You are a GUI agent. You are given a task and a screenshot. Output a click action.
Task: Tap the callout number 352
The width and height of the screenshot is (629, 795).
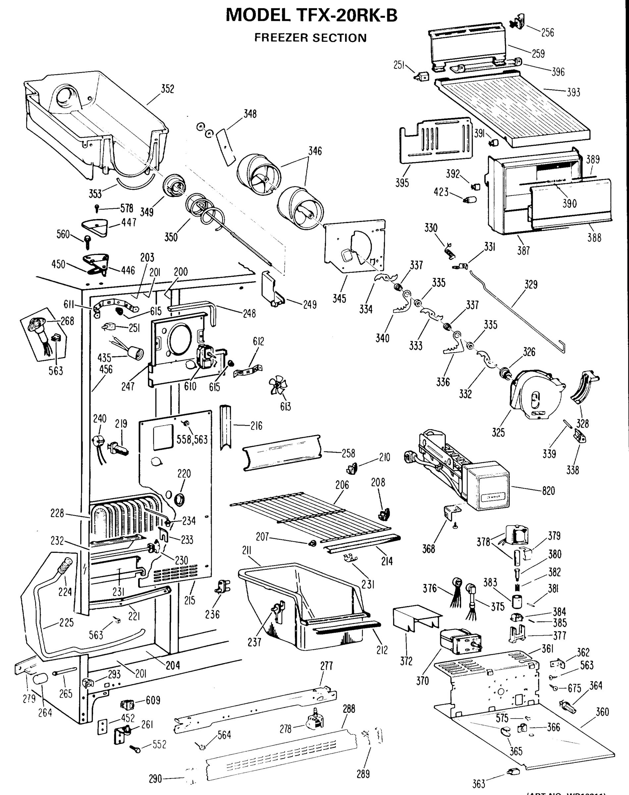167,89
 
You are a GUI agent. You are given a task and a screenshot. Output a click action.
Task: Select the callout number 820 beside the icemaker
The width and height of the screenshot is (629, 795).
549,491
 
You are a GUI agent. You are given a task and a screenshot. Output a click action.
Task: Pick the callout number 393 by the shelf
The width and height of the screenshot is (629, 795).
573,92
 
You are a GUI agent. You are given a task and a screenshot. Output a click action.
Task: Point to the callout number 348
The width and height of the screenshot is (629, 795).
250,114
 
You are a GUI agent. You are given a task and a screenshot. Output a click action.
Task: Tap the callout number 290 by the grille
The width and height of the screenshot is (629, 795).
155,779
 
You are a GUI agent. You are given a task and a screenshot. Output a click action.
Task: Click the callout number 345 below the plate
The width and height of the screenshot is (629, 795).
339,298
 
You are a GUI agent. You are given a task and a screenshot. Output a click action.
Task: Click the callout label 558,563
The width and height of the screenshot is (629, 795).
192,439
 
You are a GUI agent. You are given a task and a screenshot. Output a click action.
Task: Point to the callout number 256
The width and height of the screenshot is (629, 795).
547,32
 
